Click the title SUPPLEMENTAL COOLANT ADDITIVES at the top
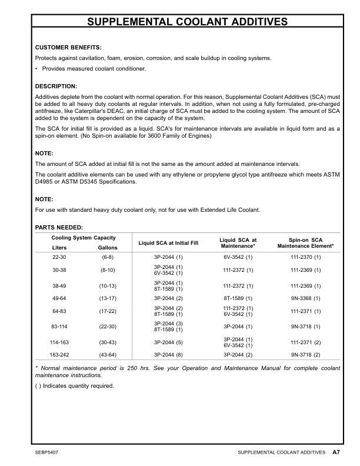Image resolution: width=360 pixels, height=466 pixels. click(187, 22)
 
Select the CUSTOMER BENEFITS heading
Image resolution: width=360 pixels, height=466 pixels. click(69, 46)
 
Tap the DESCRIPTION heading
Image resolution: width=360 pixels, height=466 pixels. click(56, 86)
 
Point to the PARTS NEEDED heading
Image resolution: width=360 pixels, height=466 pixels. click(59, 227)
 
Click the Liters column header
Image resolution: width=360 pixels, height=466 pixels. click(59, 248)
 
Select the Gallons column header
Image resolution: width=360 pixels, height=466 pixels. click(108, 248)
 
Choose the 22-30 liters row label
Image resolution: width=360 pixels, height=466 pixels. click(59, 258)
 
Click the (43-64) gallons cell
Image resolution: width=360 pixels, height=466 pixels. click(108, 355)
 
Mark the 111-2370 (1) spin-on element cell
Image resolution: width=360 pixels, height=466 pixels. click(305, 258)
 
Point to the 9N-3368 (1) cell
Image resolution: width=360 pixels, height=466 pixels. click(305, 298)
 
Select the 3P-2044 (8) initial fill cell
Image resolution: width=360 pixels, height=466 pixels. click(168, 355)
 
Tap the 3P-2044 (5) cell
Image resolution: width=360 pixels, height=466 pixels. click(168, 341)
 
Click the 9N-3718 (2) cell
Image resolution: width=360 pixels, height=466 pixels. click(305, 355)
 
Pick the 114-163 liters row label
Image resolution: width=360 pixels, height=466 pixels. click(59, 341)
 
